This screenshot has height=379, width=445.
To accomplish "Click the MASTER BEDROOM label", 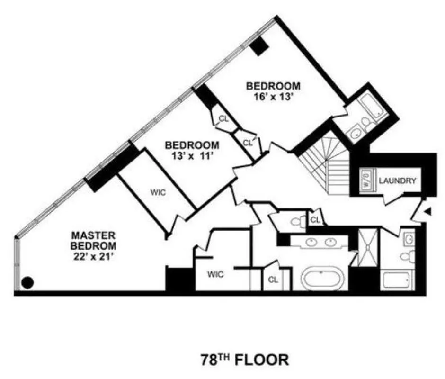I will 93,240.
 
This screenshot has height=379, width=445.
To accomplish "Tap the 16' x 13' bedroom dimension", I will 273,96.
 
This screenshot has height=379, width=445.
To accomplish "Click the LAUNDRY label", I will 398,180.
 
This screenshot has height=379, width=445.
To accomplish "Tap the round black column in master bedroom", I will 28,283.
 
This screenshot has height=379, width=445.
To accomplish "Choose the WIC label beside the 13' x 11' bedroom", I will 157,192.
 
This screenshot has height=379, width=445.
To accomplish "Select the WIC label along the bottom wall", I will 215,274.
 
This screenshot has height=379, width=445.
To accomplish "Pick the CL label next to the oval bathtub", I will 273,280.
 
